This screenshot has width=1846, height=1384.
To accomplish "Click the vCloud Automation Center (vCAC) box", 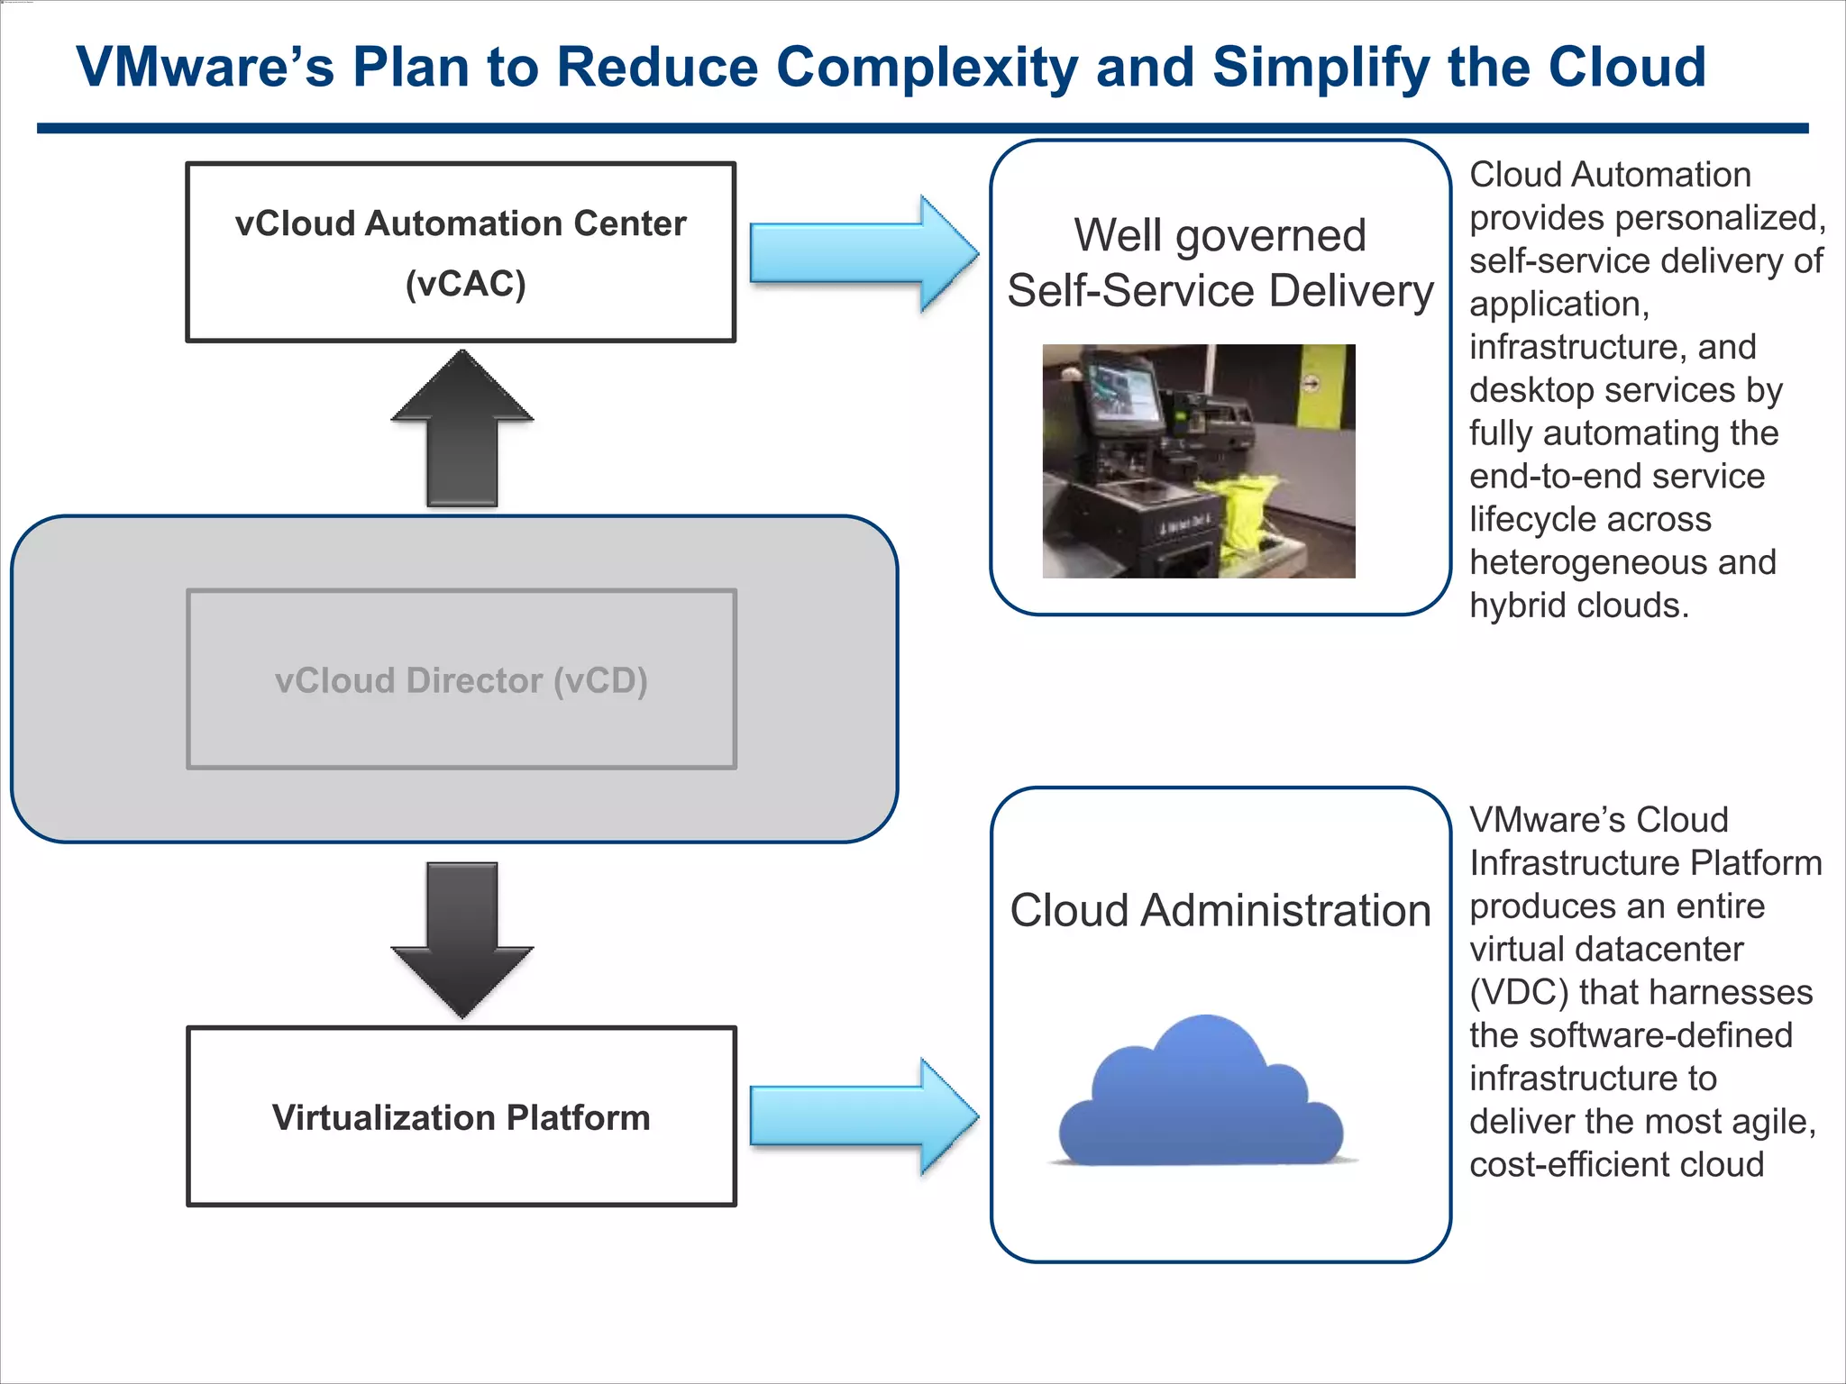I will (461, 252).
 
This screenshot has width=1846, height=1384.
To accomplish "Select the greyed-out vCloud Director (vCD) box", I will (461, 679).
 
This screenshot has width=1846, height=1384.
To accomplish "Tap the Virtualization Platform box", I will (461, 1116).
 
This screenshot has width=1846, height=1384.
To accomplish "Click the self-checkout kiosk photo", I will (1198, 460).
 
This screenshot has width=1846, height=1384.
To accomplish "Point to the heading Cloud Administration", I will (1220, 910).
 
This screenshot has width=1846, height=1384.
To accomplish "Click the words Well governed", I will (1220, 235).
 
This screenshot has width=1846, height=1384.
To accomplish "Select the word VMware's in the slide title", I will (205, 68).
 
